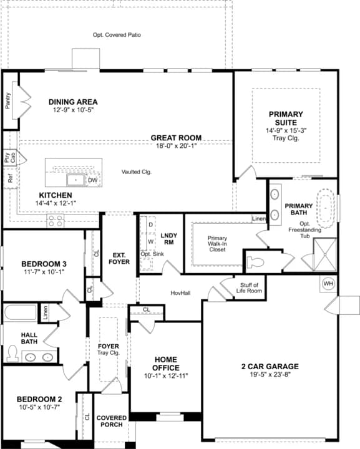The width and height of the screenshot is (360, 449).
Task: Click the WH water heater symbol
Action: (328, 284)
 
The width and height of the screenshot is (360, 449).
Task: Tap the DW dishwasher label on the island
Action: (92, 180)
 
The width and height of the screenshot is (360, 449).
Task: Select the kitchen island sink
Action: (75, 180)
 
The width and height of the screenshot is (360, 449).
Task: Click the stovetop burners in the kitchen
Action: (56, 221)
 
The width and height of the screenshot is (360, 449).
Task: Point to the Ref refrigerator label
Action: (11, 179)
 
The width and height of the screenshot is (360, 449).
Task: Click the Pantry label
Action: (8, 100)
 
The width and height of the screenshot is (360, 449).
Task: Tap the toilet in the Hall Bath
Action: (12, 353)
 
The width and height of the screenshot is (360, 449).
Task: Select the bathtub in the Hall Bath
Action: (21, 312)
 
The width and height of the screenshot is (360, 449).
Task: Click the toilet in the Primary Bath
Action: (255, 262)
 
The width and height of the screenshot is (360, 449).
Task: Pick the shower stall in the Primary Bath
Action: (325, 254)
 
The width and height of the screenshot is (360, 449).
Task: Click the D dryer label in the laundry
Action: (150, 224)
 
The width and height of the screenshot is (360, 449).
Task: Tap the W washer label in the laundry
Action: (150, 242)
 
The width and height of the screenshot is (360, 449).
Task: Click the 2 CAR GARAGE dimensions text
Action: (270, 374)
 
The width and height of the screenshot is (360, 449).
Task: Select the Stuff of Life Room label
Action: (249, 287)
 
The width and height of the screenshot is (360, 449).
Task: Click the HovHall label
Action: (180, 293)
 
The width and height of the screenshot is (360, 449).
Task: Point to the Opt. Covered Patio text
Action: (117, 35)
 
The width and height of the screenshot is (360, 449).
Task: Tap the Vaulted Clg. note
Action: (137, 172)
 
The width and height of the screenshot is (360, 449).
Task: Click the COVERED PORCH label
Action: (112, 421)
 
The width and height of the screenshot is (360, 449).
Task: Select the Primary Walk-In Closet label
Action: (217, 244)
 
